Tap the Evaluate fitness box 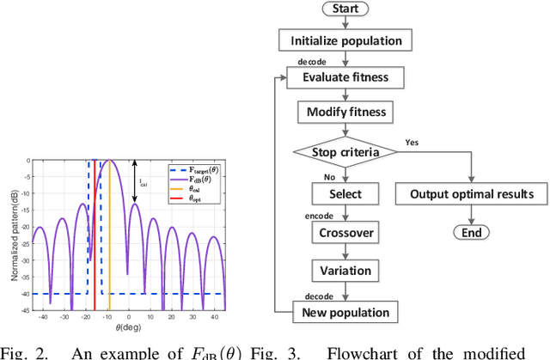tap(345, 76)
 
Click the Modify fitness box tap(345, 112)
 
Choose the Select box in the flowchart tap(345, 193)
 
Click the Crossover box tap(345, 233)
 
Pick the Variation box tap(345, 271)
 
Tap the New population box tap(345, 312)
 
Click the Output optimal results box tap(471, 193)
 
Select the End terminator tap(471, 233)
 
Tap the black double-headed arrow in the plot tap(135, 181)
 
